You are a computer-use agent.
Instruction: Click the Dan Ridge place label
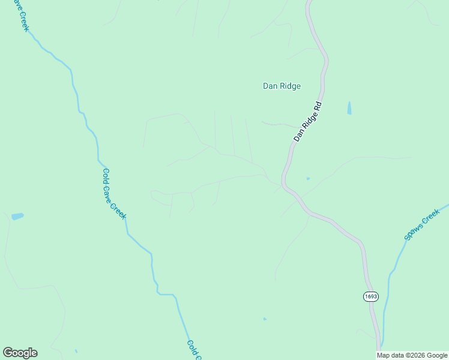(282, 86)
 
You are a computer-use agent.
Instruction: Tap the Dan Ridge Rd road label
(308, 122)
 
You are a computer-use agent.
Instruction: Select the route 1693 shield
(370, 296)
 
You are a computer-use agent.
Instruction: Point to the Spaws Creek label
(422, 228)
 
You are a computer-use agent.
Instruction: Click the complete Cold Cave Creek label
(113, 193)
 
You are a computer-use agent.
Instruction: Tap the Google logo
(20, 353)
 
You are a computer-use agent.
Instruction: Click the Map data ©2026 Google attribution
(412, 355)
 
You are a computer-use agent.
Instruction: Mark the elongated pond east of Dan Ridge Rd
(349, 108)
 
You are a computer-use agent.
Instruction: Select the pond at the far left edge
(17, 216)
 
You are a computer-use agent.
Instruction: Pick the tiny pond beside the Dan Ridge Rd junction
(308, 178)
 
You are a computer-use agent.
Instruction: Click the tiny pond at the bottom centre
(265, 319)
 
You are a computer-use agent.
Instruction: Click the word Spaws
(414, 234)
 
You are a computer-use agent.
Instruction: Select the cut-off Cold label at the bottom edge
(194, 350)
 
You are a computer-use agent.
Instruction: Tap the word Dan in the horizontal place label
(270, 86)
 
